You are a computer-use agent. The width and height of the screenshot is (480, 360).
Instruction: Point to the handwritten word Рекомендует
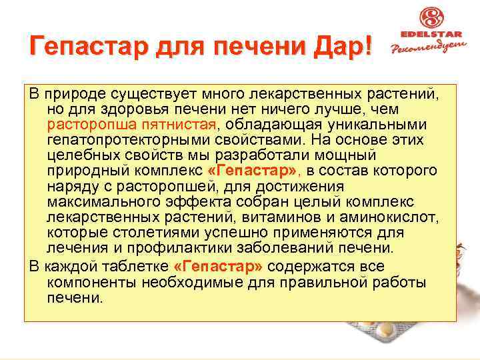[x=429, y=49]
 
